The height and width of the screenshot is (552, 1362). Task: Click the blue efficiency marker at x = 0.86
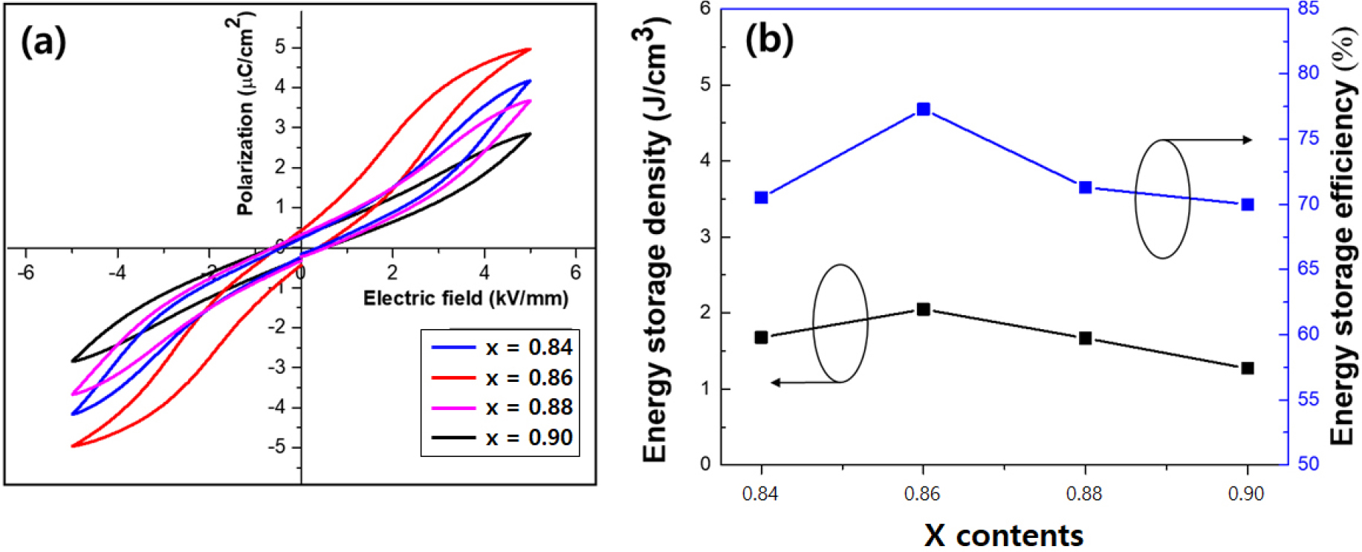click(923, 109)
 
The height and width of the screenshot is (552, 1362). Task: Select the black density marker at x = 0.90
click(1248, 368)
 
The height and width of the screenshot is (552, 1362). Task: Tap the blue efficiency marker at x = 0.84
click(761, 198)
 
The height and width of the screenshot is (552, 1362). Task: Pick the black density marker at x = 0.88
click(1085, 338)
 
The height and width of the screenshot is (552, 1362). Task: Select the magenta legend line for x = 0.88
click(453, 408)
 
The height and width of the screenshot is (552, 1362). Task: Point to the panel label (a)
click(43, 42)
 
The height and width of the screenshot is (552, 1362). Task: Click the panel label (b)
click(769, 39)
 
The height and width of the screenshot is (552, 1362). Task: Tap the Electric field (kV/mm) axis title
click(466, 299)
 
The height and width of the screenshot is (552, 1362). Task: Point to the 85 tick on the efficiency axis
click(1309, 9)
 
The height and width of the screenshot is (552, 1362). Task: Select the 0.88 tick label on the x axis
click(1084, 494)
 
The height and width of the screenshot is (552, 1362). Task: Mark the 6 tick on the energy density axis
click(704, 9)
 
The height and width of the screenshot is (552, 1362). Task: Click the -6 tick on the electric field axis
click(26, 273)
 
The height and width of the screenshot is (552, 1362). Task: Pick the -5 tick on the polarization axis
click(276, 447)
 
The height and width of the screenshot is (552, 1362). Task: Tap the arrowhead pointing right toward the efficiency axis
click(1248, 140)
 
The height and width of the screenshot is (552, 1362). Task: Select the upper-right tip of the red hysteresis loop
click(530, 49)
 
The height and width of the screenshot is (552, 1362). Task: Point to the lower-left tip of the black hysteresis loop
click(73, 361)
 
